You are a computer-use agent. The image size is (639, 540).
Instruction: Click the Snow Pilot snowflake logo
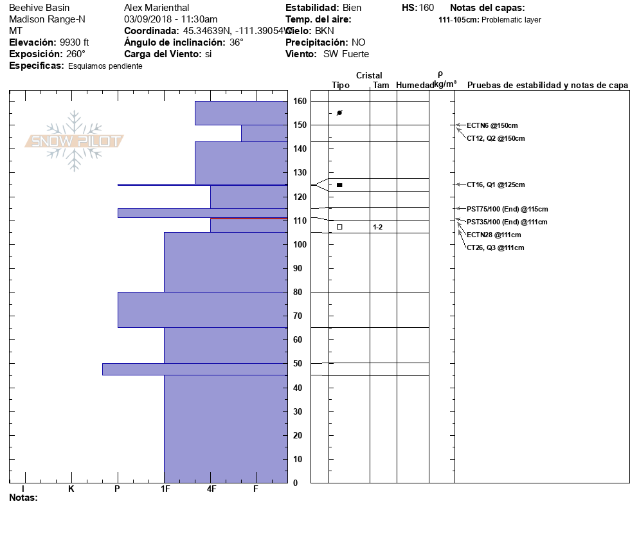point(75,141)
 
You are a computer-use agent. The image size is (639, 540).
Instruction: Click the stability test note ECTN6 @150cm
point(492,125)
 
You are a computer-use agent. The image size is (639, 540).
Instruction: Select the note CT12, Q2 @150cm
point(495,138)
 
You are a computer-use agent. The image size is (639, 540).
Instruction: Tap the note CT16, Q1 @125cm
point(495,184)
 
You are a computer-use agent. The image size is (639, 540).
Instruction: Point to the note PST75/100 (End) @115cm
point(507,209)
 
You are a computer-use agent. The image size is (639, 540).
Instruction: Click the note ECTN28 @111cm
point(493,235)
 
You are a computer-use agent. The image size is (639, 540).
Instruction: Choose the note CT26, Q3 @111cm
point(495,248)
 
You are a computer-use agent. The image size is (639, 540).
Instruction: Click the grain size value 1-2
point(377,227)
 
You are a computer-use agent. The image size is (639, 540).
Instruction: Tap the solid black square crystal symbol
point(339,185)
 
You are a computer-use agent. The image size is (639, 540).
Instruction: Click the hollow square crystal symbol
point(339,227)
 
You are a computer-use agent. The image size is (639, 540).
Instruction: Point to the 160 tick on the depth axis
point(300,102)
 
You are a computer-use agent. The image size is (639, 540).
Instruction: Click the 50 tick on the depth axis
point(298,364)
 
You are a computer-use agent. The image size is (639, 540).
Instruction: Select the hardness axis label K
point(71,489)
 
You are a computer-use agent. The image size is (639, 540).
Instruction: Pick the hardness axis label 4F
point(212,489)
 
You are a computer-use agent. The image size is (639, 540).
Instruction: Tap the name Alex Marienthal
point(156,8)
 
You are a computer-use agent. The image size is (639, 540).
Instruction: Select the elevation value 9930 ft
point(74,42)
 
